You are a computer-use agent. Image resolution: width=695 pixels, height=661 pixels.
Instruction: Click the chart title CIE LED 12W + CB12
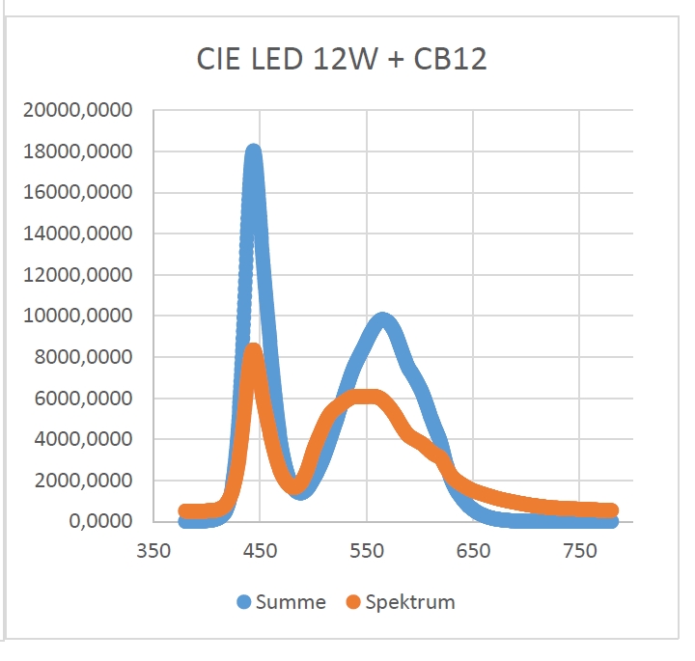[x=342, y=60]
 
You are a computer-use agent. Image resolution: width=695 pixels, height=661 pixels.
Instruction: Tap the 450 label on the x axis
[x=260, y=551]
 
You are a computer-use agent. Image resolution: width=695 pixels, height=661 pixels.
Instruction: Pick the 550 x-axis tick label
[x=367, y=551]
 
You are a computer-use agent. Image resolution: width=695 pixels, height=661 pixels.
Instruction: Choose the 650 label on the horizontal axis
[x=473, y=551]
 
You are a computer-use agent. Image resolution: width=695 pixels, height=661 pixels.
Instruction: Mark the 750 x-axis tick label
[x=579, y=551]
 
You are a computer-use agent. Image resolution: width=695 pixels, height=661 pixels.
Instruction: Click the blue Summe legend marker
[x=245, y=603]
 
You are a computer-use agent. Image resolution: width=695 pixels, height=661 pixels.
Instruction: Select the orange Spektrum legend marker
[x=353, y=603]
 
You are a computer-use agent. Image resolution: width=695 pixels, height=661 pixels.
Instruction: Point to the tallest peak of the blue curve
[x=253, y=152]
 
